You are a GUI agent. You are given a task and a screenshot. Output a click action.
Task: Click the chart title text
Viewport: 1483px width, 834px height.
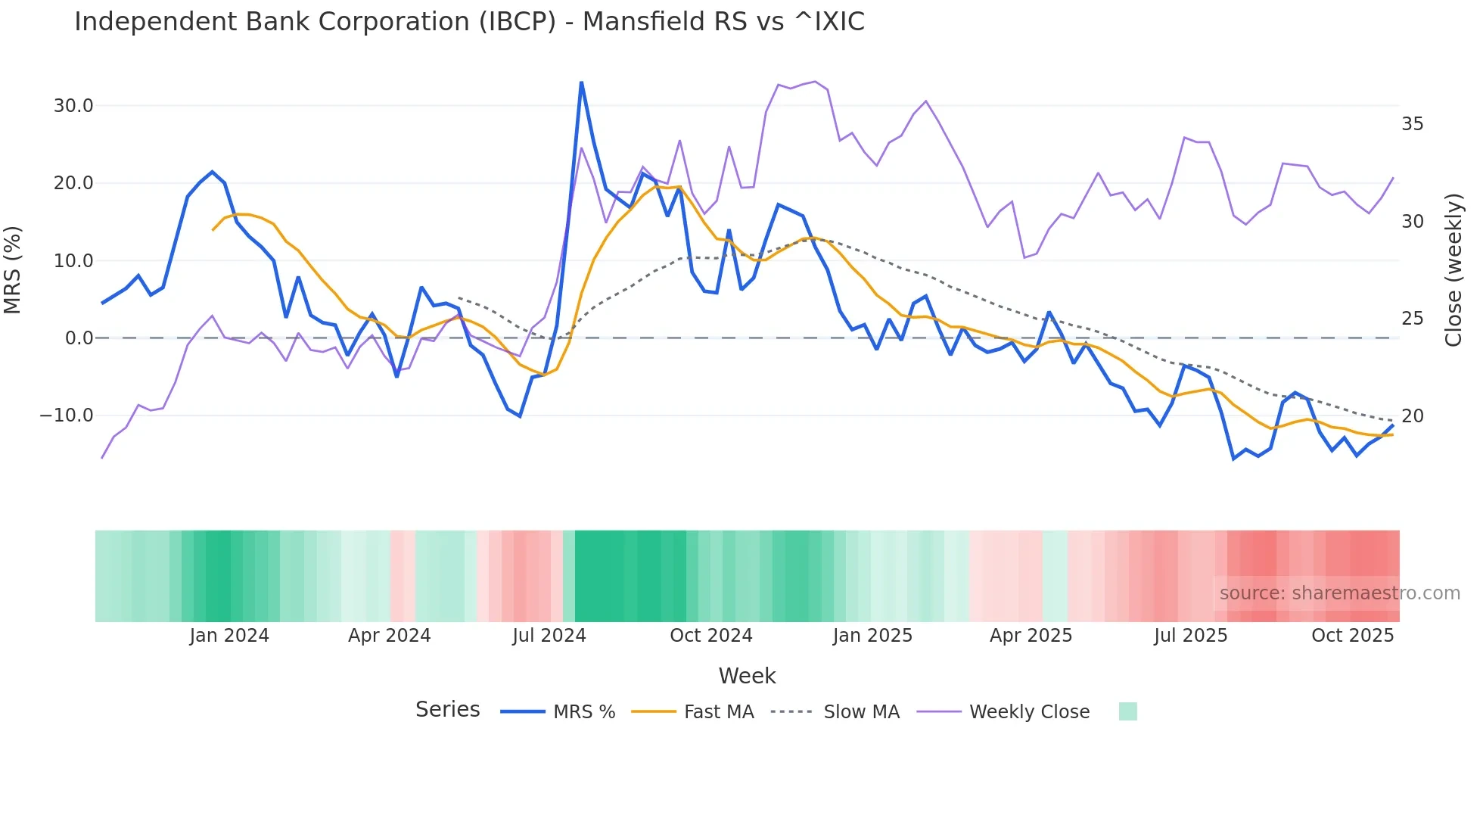coord(469,22)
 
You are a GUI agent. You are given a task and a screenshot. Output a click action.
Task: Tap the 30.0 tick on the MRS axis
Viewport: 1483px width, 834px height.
coord(73,106)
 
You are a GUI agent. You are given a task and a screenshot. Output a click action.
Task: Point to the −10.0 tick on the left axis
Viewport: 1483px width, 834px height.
coord(67,415)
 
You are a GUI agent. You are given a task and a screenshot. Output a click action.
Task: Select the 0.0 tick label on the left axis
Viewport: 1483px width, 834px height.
coord(79,338)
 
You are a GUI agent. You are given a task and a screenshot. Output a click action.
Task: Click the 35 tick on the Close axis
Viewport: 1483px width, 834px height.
coord(1412,124)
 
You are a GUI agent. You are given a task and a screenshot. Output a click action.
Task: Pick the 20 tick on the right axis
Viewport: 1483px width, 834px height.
coord(1412,416)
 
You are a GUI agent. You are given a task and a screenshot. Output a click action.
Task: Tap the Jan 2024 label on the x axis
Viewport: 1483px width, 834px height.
coord(229,636)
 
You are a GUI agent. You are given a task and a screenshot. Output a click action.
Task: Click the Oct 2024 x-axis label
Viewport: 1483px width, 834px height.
coord(711,636)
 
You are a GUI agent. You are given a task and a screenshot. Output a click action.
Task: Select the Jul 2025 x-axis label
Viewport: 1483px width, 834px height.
coord(1190,636)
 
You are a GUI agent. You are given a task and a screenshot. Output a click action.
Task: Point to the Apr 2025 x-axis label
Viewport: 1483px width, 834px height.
coord(1031,636)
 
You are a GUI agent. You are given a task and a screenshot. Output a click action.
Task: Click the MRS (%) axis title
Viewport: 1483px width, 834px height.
coord(13,270)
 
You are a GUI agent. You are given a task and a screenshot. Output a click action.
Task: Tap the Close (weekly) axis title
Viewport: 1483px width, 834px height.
coord(1453,270)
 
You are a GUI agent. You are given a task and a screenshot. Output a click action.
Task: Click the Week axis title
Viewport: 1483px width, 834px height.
coord(747,676)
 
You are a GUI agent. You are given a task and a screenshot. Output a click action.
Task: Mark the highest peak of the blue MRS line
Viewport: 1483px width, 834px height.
coord(581,82)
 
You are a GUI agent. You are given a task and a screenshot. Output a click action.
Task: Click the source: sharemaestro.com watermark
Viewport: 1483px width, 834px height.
coord(1339,593)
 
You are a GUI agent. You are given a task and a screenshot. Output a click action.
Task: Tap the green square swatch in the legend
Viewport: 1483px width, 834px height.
coord(1127,711)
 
